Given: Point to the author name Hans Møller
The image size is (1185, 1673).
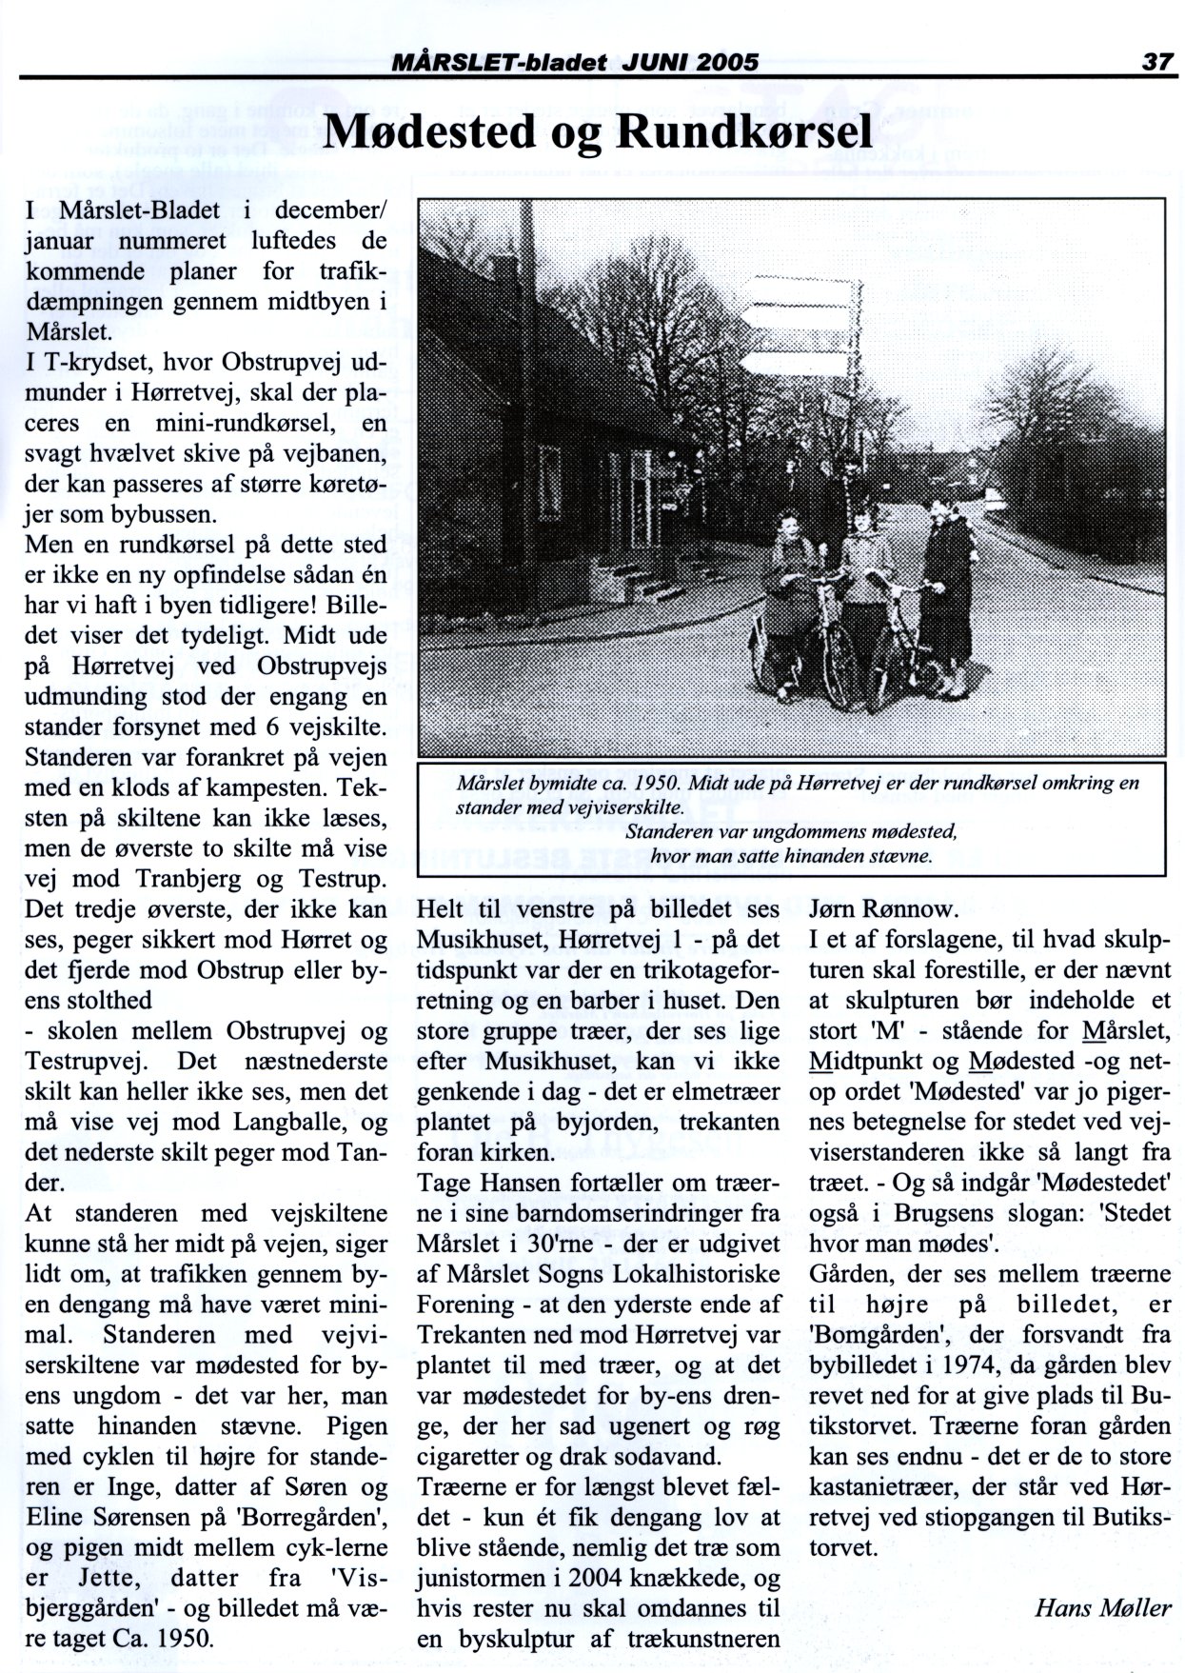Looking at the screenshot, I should click(1102, 1608).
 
